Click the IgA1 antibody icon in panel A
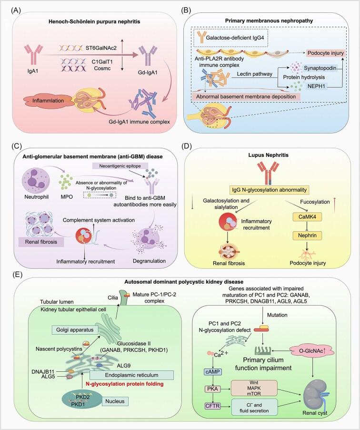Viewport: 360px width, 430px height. (x=33, y=54)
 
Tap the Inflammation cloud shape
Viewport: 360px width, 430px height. (x=48, y=101)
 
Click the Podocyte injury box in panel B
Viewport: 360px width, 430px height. (x=325, y=53)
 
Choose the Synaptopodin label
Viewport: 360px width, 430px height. (x=320, y=68)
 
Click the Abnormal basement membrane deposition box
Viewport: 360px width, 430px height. (x=246, y=96)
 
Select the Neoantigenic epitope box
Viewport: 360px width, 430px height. (x=120, y=166)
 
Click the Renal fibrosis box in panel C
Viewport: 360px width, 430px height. (x=41, y=242)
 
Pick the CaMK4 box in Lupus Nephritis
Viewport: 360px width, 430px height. (x=307, y=217)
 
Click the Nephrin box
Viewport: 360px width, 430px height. (x=307, y=235)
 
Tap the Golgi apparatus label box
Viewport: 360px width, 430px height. (x=75, y=330)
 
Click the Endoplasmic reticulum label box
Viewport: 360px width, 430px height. (x=131, y=375)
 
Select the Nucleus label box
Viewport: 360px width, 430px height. (x=115, y=401)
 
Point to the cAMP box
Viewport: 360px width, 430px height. (x=213, y=372)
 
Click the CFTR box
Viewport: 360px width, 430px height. (x=213, y=406)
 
